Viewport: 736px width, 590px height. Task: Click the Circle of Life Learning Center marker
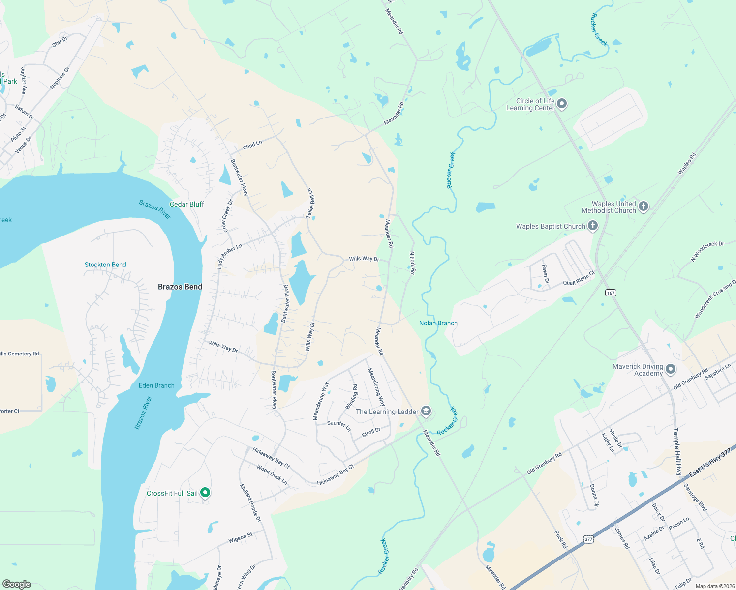(x=562, y=104)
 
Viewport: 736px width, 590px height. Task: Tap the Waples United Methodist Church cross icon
(x=644, y=206)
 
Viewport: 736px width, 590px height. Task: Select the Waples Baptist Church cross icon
(x=593, y=226)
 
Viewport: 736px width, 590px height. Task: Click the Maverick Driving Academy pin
(x=671, y=369)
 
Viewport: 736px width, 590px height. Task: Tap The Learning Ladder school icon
(x=426, y=411)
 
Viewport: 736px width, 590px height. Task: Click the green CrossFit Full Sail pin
(x=206, y=492)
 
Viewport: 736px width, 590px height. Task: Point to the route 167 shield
(x=611, y=293)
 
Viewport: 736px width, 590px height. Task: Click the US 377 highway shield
(x=588, y=539)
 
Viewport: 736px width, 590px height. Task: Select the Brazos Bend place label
(x=180, y=287)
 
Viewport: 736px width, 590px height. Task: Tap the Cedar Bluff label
(x=186, y=204)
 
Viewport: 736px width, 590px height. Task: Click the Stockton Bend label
(x=105, y=265)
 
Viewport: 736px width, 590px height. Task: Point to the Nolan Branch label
(x=438, y=323)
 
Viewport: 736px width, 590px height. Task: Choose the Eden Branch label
(x=156, y=385)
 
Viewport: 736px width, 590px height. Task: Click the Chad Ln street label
(x=252, y=145)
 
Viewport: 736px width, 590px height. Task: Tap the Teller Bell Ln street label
(x=310, y=203)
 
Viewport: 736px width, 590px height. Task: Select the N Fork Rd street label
(x=413, y=263)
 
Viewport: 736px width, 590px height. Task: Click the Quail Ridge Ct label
(x=579, y=279)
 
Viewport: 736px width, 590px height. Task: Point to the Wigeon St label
(x=240, y=538)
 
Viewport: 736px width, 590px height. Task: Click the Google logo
(x=17, y=584)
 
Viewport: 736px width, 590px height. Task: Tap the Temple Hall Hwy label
(x=677, y=451)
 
